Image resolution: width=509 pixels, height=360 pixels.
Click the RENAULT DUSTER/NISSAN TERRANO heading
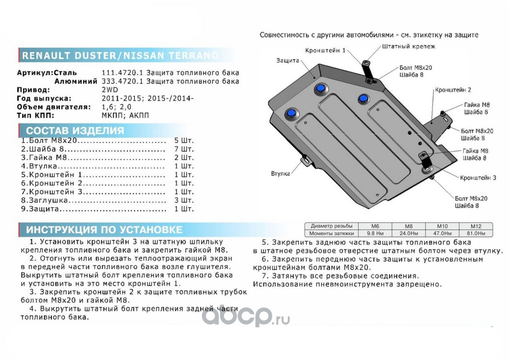(121, 55)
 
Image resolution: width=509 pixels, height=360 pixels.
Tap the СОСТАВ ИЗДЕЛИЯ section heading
(75, 131)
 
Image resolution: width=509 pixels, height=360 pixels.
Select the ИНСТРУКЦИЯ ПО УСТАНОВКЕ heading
(104, 229)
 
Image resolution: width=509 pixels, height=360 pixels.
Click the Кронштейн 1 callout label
(325, 51)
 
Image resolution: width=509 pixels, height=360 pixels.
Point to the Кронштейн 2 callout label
(453, 90)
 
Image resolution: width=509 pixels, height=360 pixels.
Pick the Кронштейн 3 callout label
(478, 178)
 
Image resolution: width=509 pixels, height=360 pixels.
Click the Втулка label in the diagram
(280, 173)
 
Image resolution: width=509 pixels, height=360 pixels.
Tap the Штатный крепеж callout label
(409, 46)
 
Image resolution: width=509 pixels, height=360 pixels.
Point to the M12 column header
(475, 226)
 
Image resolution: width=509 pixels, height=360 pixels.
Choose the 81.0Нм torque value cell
(475, 233)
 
